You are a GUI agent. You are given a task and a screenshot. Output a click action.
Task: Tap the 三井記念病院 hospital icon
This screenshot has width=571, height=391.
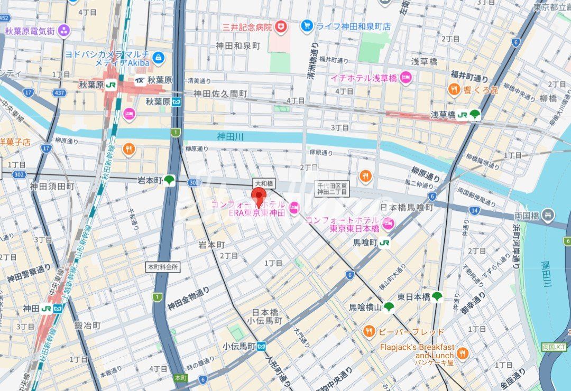click(281, 26)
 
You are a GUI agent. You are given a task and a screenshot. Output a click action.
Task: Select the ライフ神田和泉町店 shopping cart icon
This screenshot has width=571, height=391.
click(307, 25)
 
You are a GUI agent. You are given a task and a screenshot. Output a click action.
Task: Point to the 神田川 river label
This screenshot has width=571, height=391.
click(230, 137)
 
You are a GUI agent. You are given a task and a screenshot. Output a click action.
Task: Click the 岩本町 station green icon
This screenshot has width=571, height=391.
click(169, 181)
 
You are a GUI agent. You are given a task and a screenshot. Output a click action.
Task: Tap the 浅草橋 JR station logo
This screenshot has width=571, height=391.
click(463, 114)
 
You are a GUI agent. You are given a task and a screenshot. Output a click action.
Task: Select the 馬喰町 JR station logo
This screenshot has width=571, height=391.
click(384, 243)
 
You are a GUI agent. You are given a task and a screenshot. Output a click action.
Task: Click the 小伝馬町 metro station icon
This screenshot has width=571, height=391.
click(261, 347)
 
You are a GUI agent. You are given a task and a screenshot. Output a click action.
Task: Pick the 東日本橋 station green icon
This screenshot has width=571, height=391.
click(437, 297)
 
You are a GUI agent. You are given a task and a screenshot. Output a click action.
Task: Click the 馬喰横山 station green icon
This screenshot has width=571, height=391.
click(389, 306)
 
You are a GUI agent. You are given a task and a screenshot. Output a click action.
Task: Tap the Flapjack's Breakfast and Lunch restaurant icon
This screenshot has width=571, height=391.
click(463, 353)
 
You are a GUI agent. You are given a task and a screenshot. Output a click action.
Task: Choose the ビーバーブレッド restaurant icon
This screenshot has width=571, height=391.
click(369, 332)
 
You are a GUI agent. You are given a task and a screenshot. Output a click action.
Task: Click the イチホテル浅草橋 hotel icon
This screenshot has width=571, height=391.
click(406, 78)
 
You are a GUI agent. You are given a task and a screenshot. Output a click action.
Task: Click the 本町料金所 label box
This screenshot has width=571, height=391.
click(163, 267)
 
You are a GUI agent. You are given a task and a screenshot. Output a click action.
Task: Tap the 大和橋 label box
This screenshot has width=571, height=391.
click(263, 183)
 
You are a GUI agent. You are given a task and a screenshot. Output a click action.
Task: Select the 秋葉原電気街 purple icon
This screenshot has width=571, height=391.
click(64, 31)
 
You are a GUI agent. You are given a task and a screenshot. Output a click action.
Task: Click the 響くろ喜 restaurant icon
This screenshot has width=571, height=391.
click(454, 90)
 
